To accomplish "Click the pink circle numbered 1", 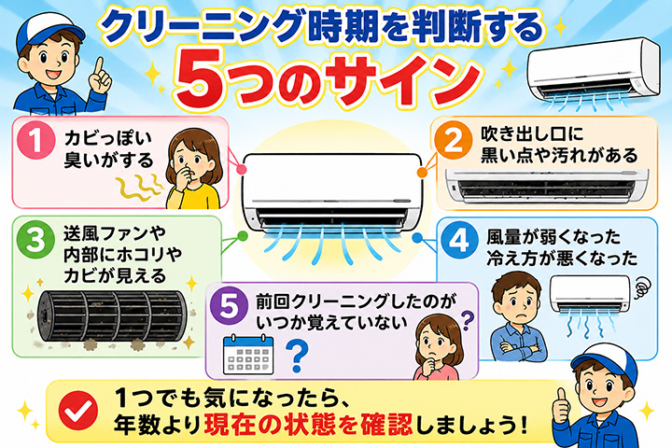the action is pyautogui.click(x=36, y=140).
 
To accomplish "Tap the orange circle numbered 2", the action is pyautogui.click(x=453, y=140).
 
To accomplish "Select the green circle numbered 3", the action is pyautogui.click(x=35, y=240).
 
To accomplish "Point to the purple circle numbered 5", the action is pyautogui.click(x=230, y=306).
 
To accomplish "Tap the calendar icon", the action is pyautogui.click(x=248, y=354).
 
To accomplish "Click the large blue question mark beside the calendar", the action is pyautogui.click(x=297, y=356).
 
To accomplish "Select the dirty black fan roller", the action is pyautogui.click(x=112, y=315).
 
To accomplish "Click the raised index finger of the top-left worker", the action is pyautogui.click(x=100, y=68).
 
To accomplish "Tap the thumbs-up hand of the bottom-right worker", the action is pyautogui.click(x=562, y=407).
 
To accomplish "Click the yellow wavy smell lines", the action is pyautogui.click(x=140, y=188).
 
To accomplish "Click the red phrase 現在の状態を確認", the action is pyautogui.click(x=308, y=424).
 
